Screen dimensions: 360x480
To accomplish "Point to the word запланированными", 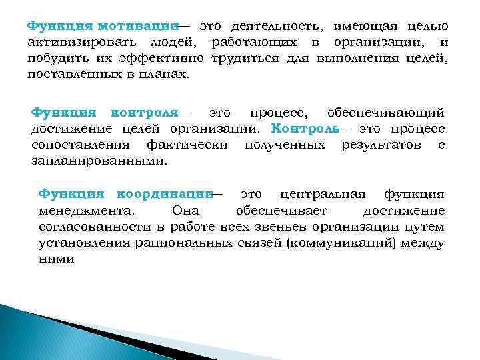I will pos(99,160).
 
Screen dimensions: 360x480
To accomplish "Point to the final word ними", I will pos(56,259).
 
